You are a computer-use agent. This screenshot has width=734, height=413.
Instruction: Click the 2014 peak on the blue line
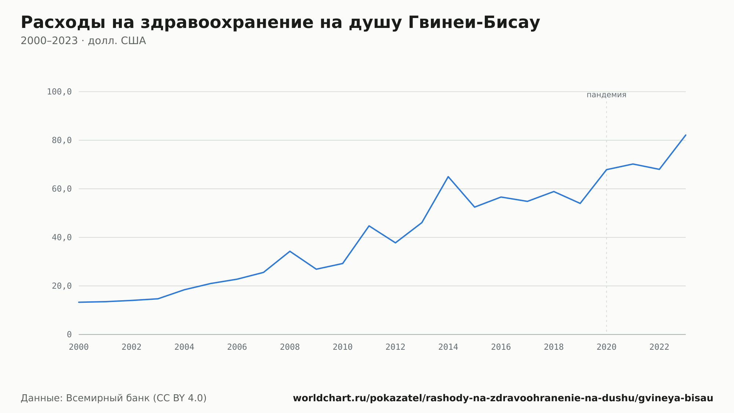(x=448, y=177)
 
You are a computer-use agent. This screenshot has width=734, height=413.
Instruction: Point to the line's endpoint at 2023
(x=686, y=135)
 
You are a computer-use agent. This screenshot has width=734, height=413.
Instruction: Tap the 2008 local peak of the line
(x=290, y=251)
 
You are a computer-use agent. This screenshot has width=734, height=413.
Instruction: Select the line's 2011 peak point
(x=369, y=226)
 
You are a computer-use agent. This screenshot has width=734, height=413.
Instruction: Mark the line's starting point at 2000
(x=79, y=302)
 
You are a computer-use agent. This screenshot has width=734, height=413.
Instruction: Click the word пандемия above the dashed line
(x=606, y=95)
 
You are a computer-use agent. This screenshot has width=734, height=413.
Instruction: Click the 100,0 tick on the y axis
(x=59, y=92)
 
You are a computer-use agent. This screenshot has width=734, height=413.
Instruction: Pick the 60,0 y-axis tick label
(x=62, y=189)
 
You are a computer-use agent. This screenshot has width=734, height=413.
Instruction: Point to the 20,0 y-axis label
(x=62, y=286)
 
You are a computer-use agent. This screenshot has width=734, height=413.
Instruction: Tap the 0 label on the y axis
(x=69, y=334)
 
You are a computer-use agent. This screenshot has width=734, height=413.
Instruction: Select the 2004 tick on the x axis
(x=184, y=347)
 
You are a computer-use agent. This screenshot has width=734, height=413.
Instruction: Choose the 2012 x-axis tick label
(x=395, y=347)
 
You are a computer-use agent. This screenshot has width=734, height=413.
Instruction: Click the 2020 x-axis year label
(x=607, y=347)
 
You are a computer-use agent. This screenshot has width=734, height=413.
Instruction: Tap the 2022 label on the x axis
(x=659, y=347)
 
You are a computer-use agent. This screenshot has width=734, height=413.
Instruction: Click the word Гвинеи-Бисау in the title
(x=474, y=22)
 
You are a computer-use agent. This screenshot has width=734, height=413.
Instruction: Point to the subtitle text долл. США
(x=117, y=41)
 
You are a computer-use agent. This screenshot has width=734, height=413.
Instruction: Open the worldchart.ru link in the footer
(x=503, y=398)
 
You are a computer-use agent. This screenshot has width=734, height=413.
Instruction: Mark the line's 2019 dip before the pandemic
(x=580, y=203)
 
